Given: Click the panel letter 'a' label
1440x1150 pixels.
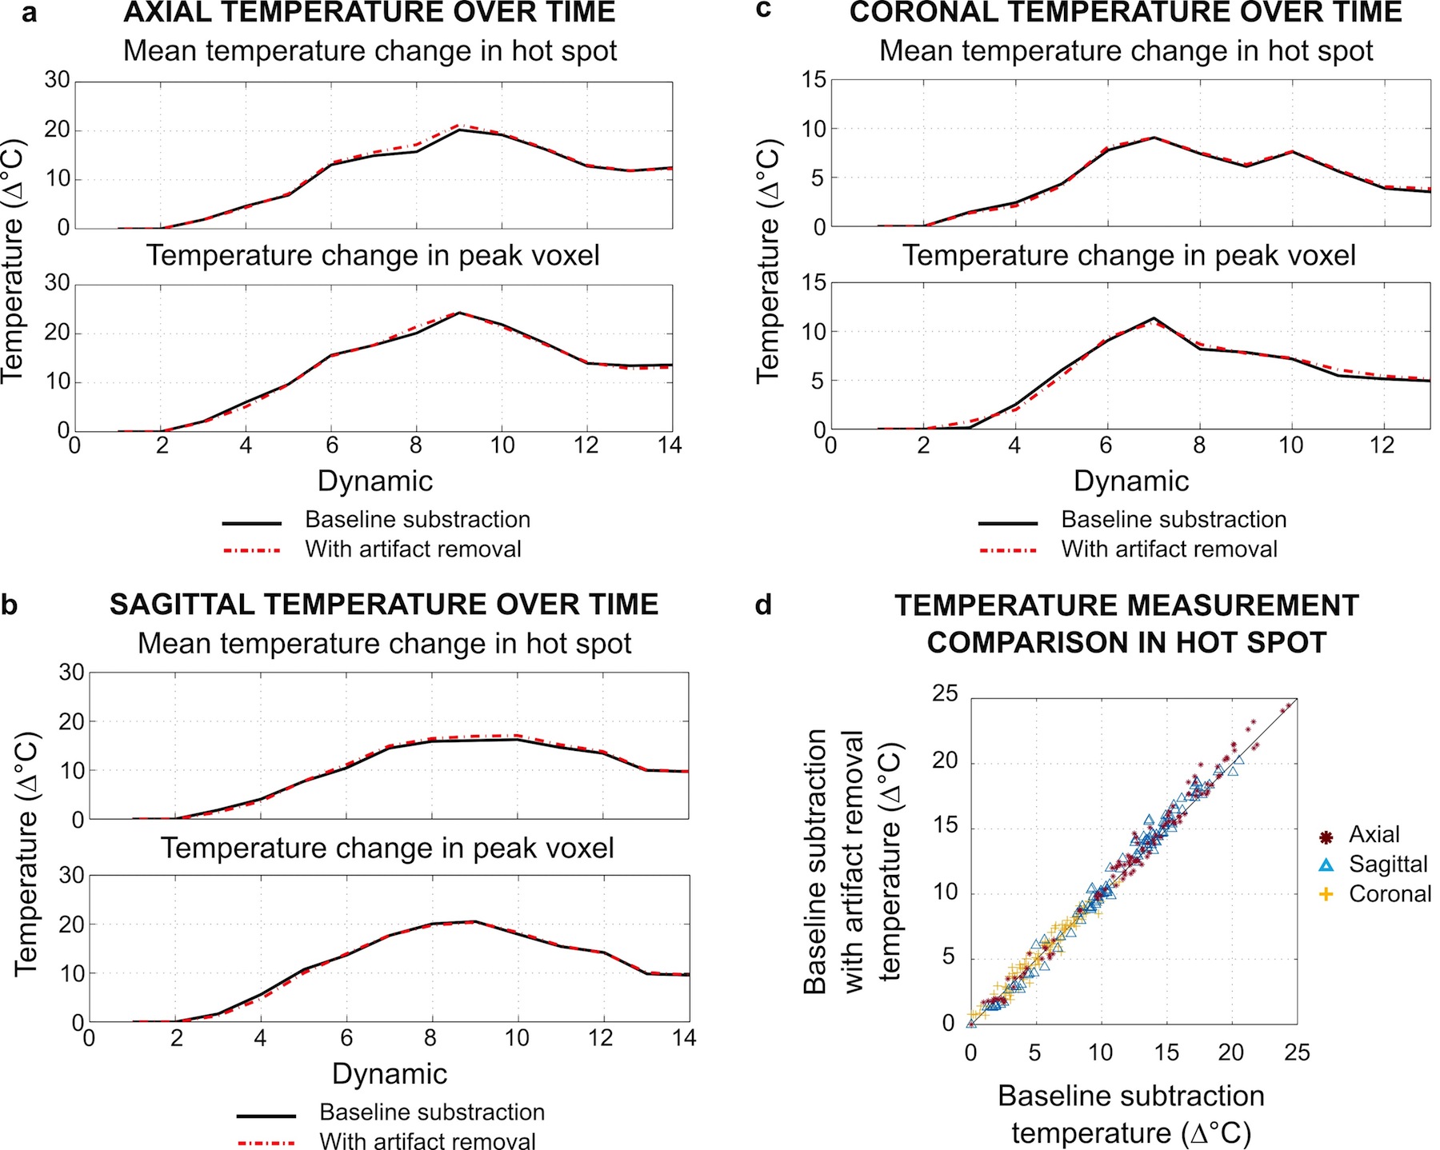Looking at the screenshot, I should pyautogui.click(x=30, y=14).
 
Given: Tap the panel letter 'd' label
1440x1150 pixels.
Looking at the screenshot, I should pyautogui.click(x=763, y=605).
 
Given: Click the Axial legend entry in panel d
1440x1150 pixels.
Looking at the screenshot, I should pyautogui.click(x=1374, y=835).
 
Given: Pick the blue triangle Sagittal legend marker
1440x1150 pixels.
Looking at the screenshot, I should pyautogui.click(x=1326, y=864).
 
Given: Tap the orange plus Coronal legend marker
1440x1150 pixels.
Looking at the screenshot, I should pyautogui.click(x=1326, y=894).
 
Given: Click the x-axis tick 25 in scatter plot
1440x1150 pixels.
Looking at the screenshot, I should pyautogui.click(x=1297, y=1052).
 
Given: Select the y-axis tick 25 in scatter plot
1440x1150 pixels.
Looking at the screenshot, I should pyautogui.click(x=945, y=694).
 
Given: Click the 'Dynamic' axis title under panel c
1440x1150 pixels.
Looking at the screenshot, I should pyautogui.click(x=1130, y=481).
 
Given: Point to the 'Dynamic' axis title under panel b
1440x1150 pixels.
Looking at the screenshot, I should pyautogui.click(x=390, y=1074).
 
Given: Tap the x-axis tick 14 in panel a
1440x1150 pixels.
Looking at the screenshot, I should pyautogui.click(x=670, y=445).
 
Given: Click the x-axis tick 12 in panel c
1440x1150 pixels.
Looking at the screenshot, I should pyautogui.click(x=1382, y=445).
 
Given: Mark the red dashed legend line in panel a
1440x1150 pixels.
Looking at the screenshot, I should pyautogui.click(x=252, y=550).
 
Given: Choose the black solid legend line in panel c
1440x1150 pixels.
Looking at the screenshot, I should pyautogui.click(x=1008, y=523).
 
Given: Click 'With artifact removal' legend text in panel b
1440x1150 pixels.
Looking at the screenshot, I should pyautogui.click(x=427, y=1141).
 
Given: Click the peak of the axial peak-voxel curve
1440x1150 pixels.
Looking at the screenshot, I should pyautogui.click(x=459, y=313).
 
